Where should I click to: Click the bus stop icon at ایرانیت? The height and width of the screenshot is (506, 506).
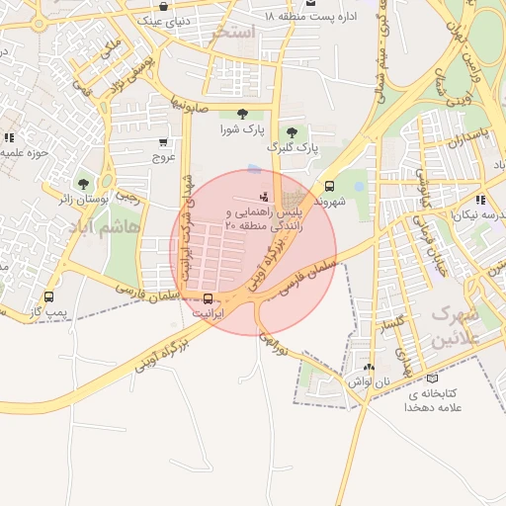tap(208, 298)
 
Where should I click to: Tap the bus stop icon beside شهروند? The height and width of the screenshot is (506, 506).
tap(329, 186)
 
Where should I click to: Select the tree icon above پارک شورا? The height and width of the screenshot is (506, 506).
tap(242, 114)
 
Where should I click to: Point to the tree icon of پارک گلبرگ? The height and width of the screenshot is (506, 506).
tap(291, 131)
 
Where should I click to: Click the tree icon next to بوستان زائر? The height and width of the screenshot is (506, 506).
tap(83, 183)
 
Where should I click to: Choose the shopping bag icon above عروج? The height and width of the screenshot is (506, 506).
tap(163, 141)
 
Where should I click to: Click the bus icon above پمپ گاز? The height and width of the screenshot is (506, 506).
tap(48, 295)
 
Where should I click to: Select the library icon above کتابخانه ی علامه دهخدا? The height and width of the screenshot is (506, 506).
tap(430, 379)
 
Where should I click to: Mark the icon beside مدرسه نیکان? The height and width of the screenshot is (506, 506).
tap(480, 199)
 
